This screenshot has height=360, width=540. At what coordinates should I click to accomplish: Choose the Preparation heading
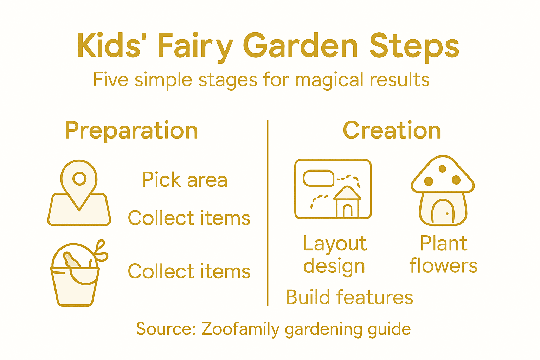(x=131, y=130)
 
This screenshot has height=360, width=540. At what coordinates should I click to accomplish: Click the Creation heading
(x=392, y=130)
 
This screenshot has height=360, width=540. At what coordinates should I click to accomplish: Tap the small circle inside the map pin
(x=79, y=179)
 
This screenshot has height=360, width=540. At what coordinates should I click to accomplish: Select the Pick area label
(x=185, y=180)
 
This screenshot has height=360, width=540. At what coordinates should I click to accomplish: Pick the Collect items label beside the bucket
(x=189, y=271)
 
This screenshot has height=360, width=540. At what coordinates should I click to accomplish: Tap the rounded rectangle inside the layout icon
(x=319, y=178)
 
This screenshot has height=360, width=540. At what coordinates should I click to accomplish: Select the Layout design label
(x=335, y=255)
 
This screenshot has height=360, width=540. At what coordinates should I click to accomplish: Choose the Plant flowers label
(x=444, y=255)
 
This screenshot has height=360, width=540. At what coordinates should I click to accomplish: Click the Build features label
(x=349, y=297)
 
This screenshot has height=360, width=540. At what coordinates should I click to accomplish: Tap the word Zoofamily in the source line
(x=240, y=329)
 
